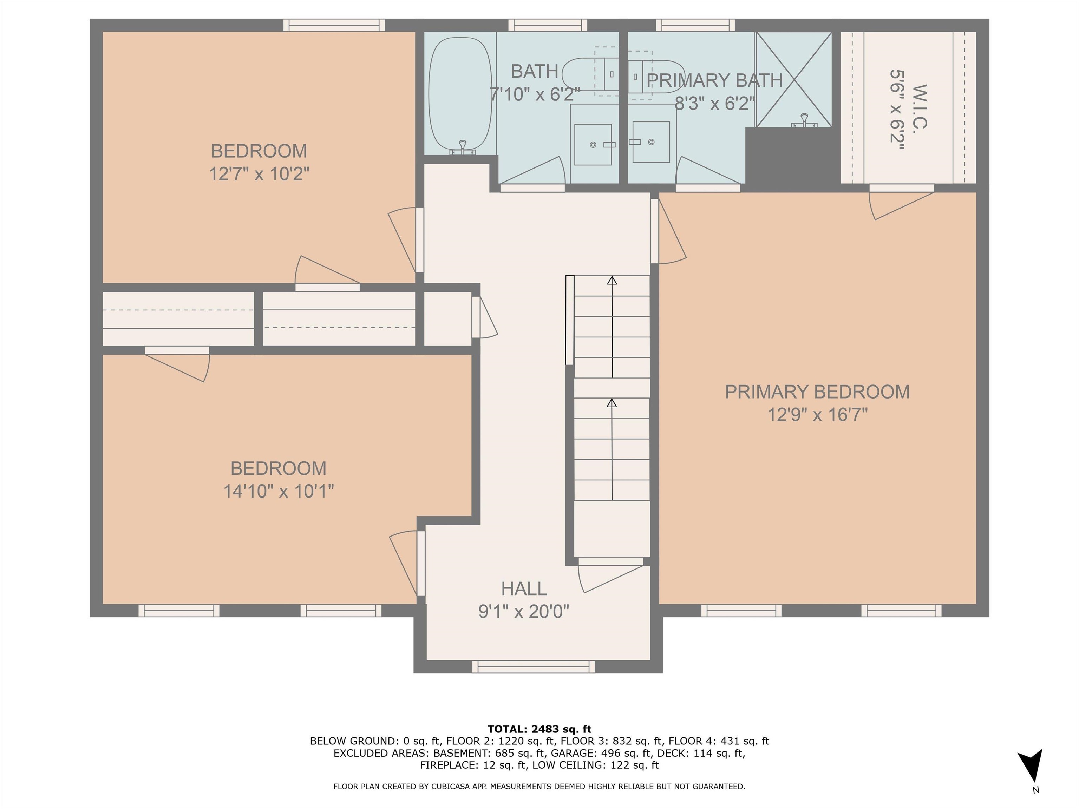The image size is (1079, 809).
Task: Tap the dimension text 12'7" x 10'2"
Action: (x=259, y=173)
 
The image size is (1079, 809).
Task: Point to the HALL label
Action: (x=524, y=588)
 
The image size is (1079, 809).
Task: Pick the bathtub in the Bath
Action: (x=460, y=94)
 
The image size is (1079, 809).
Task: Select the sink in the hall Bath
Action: (x=593, y=144)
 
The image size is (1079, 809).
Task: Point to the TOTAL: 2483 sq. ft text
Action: (x=539, y=729)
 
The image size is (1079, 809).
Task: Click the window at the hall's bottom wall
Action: (x=534, y=666)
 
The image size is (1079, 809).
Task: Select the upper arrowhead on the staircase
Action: (x=612, y=281)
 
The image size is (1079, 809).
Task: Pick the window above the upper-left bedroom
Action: (x=334, y=25)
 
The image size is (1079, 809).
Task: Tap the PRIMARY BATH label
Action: (x=715, y=80)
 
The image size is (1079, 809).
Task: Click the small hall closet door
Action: (x=484, y=317)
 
